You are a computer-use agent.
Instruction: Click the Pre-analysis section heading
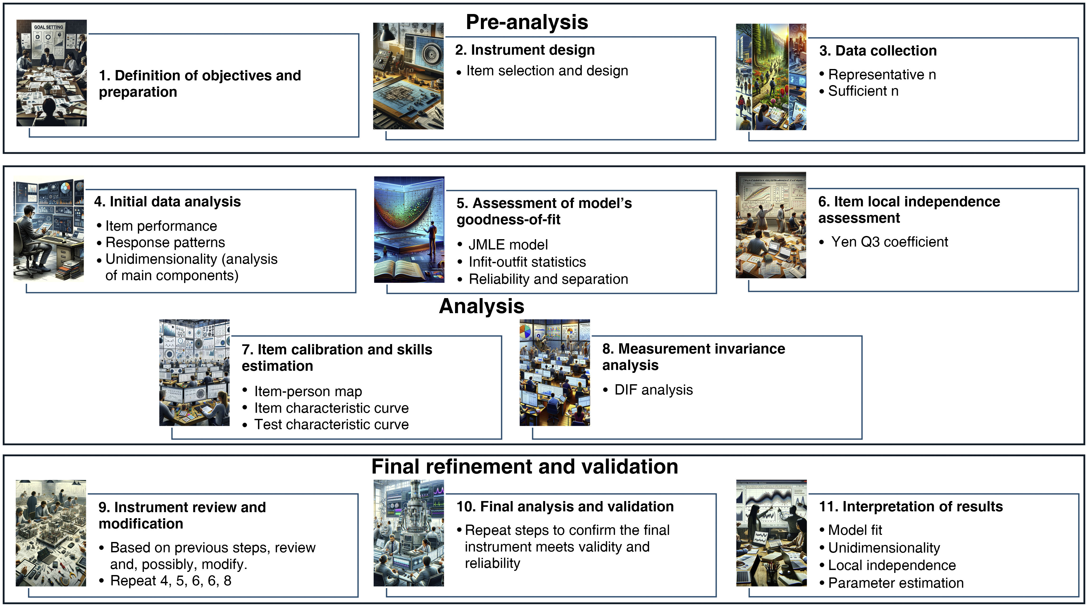[x=527, y=22]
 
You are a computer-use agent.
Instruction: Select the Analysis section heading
[x=481, y=306]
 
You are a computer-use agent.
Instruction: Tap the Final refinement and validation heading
[x=524, y=467]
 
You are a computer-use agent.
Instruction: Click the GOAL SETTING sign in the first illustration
[x=49, y=27]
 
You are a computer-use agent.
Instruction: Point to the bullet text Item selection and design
[x=547, y=71]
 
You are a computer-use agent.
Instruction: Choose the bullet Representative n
[x=882, y=75]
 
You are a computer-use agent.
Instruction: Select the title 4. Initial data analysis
[x=167, y=202]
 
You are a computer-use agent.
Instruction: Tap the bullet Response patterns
[x=165, y=243]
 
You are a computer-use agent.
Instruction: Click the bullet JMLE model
[x=508, y=245]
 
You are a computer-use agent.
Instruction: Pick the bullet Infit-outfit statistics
[x=527, y=262]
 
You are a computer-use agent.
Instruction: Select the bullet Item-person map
[x=308, y=391]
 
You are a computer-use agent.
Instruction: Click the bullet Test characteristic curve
[x=331, y=424]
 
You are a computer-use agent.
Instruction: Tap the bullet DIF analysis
[x=653, y=390]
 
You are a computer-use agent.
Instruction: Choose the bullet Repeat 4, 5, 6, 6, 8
[x=171, y=581]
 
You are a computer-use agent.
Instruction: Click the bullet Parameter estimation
[x=895, y=583]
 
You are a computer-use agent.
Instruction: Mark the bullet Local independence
[x=892, y=565]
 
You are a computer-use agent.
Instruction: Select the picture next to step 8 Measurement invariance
[x=555, y=372]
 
